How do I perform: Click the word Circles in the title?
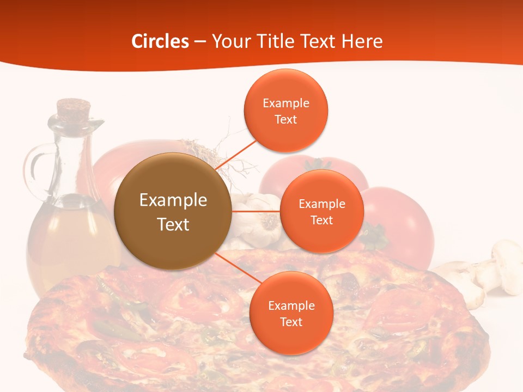pyautogui.click(x=160, y=41)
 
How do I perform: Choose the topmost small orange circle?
pyautogui.click(x=285, y=111)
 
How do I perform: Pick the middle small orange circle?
pyautogui.click(x=321, y=211)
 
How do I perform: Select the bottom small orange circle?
pyautogui.click(x=291, y=313)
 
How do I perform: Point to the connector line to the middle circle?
pyautogui.click(x=256, y=210)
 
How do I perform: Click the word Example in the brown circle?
pyautogui.click(x=173, y=200)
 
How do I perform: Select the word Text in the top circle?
pyautogui.click(x=285, y=119)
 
